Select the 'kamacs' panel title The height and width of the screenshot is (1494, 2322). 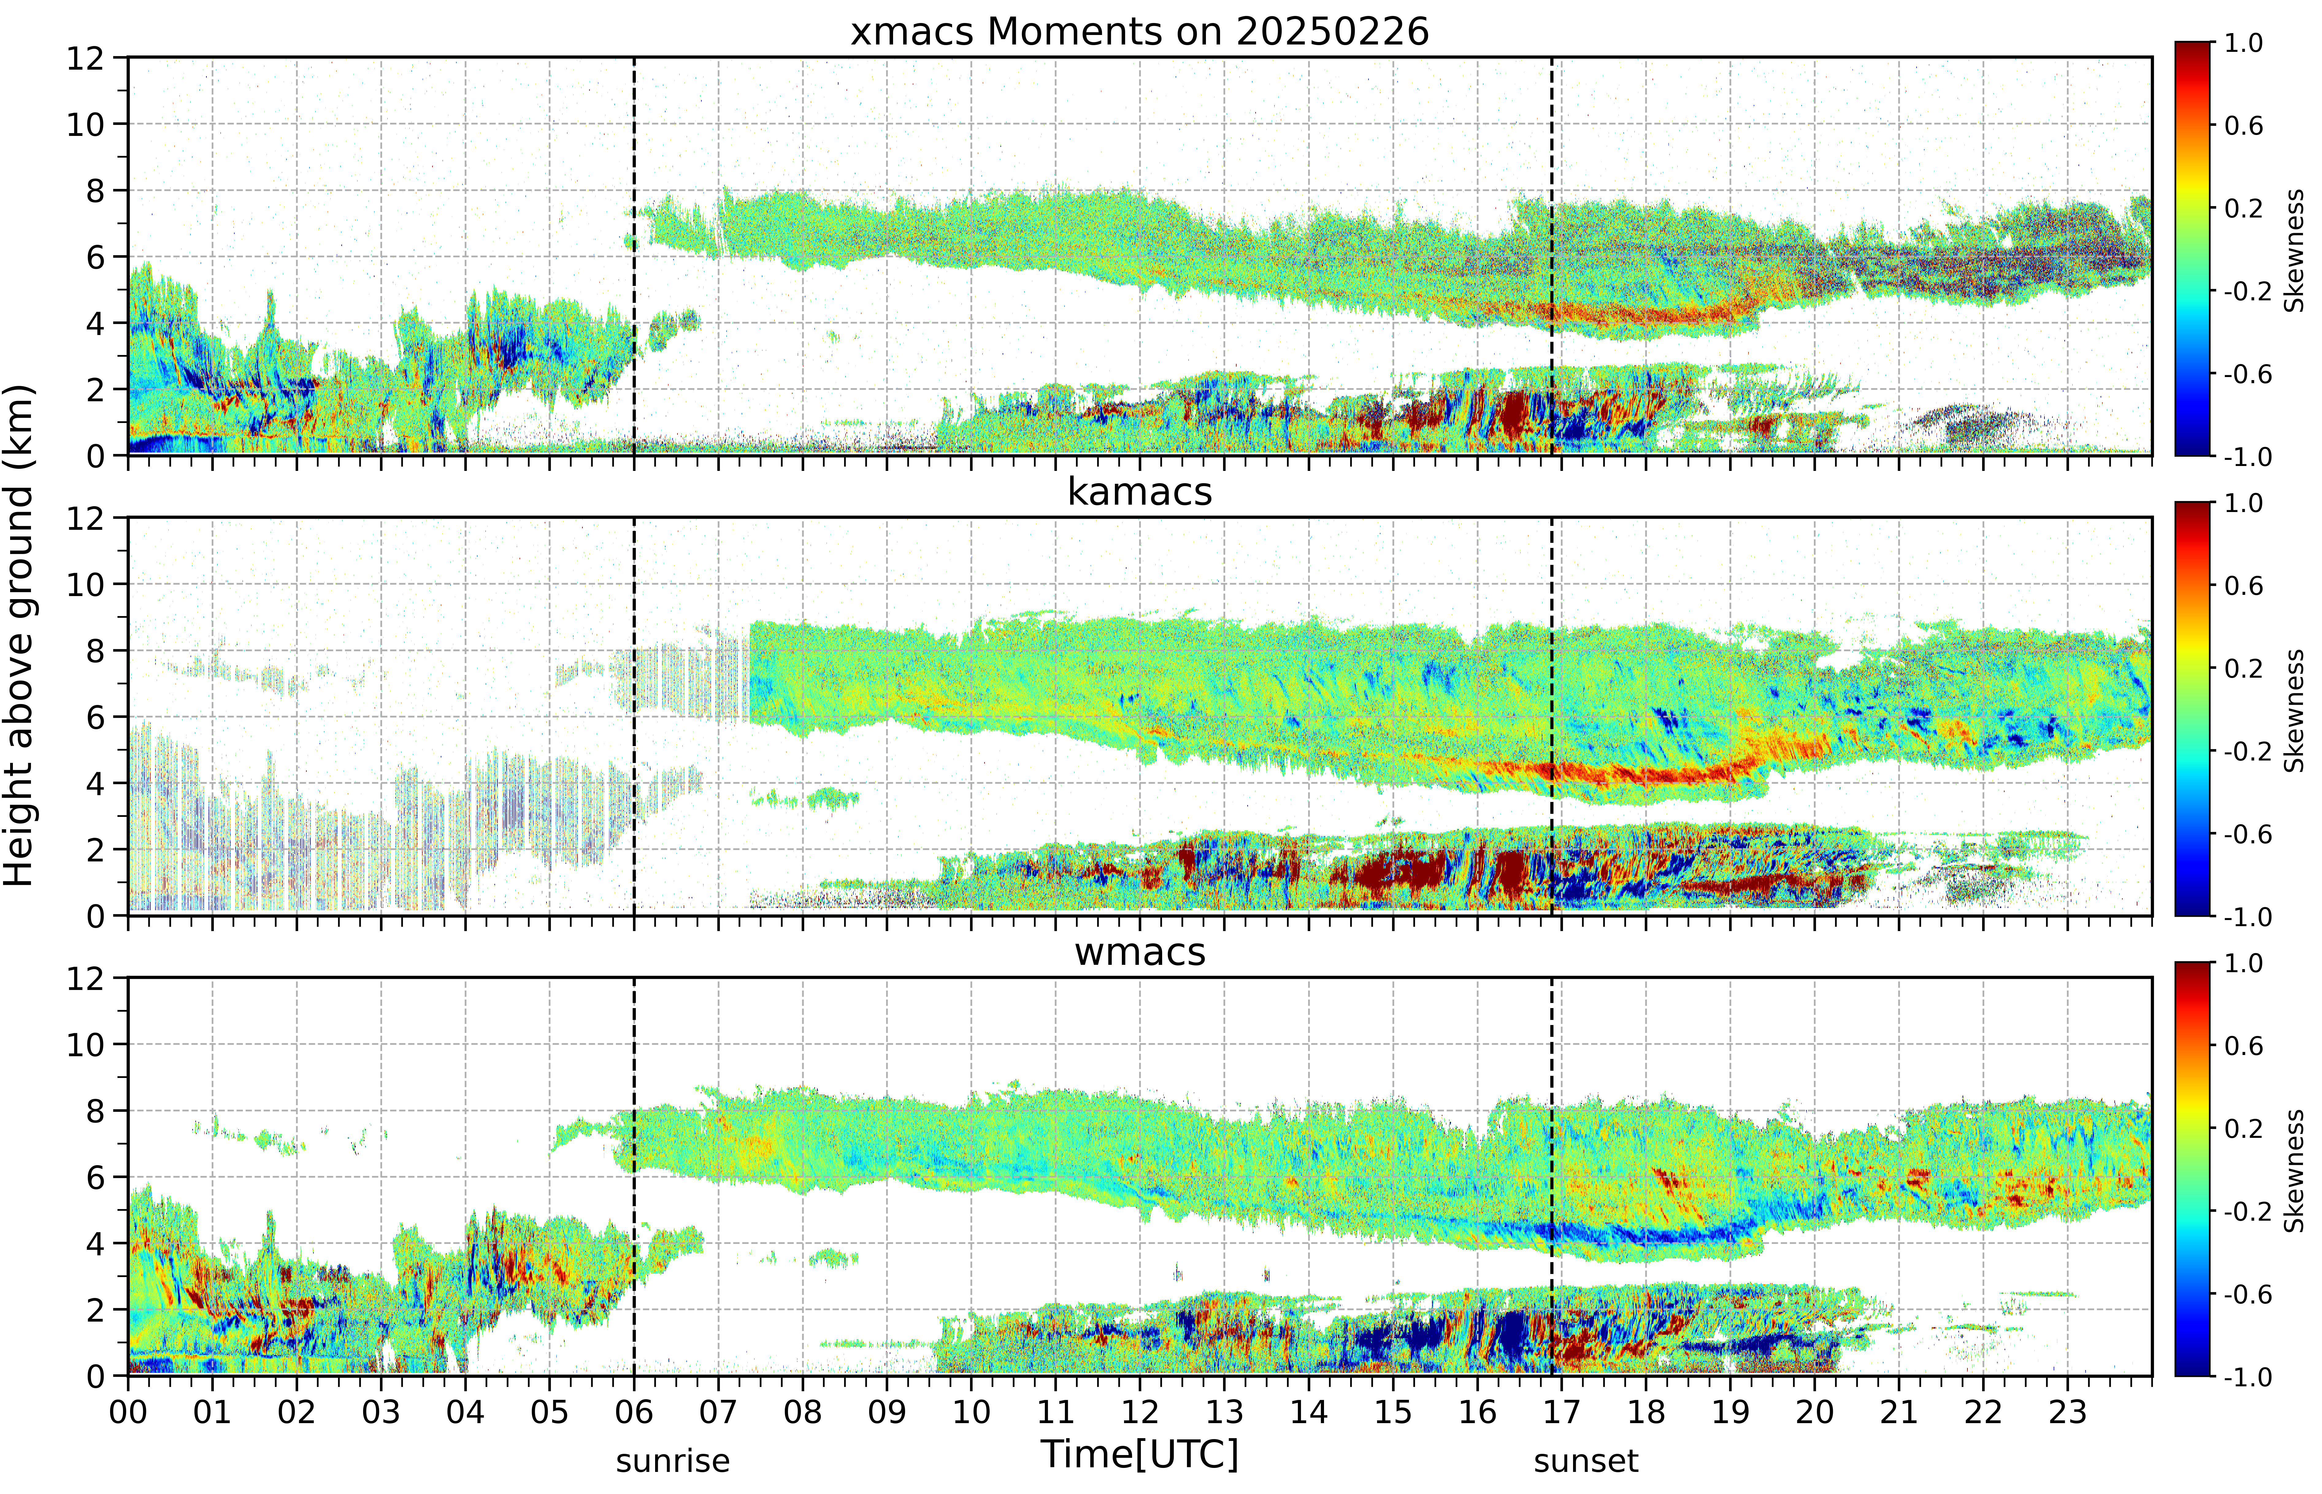[1140, 492]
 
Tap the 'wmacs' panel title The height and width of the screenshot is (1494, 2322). [1140, 952]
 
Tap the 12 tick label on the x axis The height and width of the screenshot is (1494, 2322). [1140, 1411]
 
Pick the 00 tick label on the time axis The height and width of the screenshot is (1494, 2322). [128, 1411]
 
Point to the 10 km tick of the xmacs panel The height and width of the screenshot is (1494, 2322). [85, 124]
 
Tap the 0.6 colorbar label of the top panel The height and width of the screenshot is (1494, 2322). [2243, 126]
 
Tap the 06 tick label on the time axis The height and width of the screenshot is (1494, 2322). [634, 1411]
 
